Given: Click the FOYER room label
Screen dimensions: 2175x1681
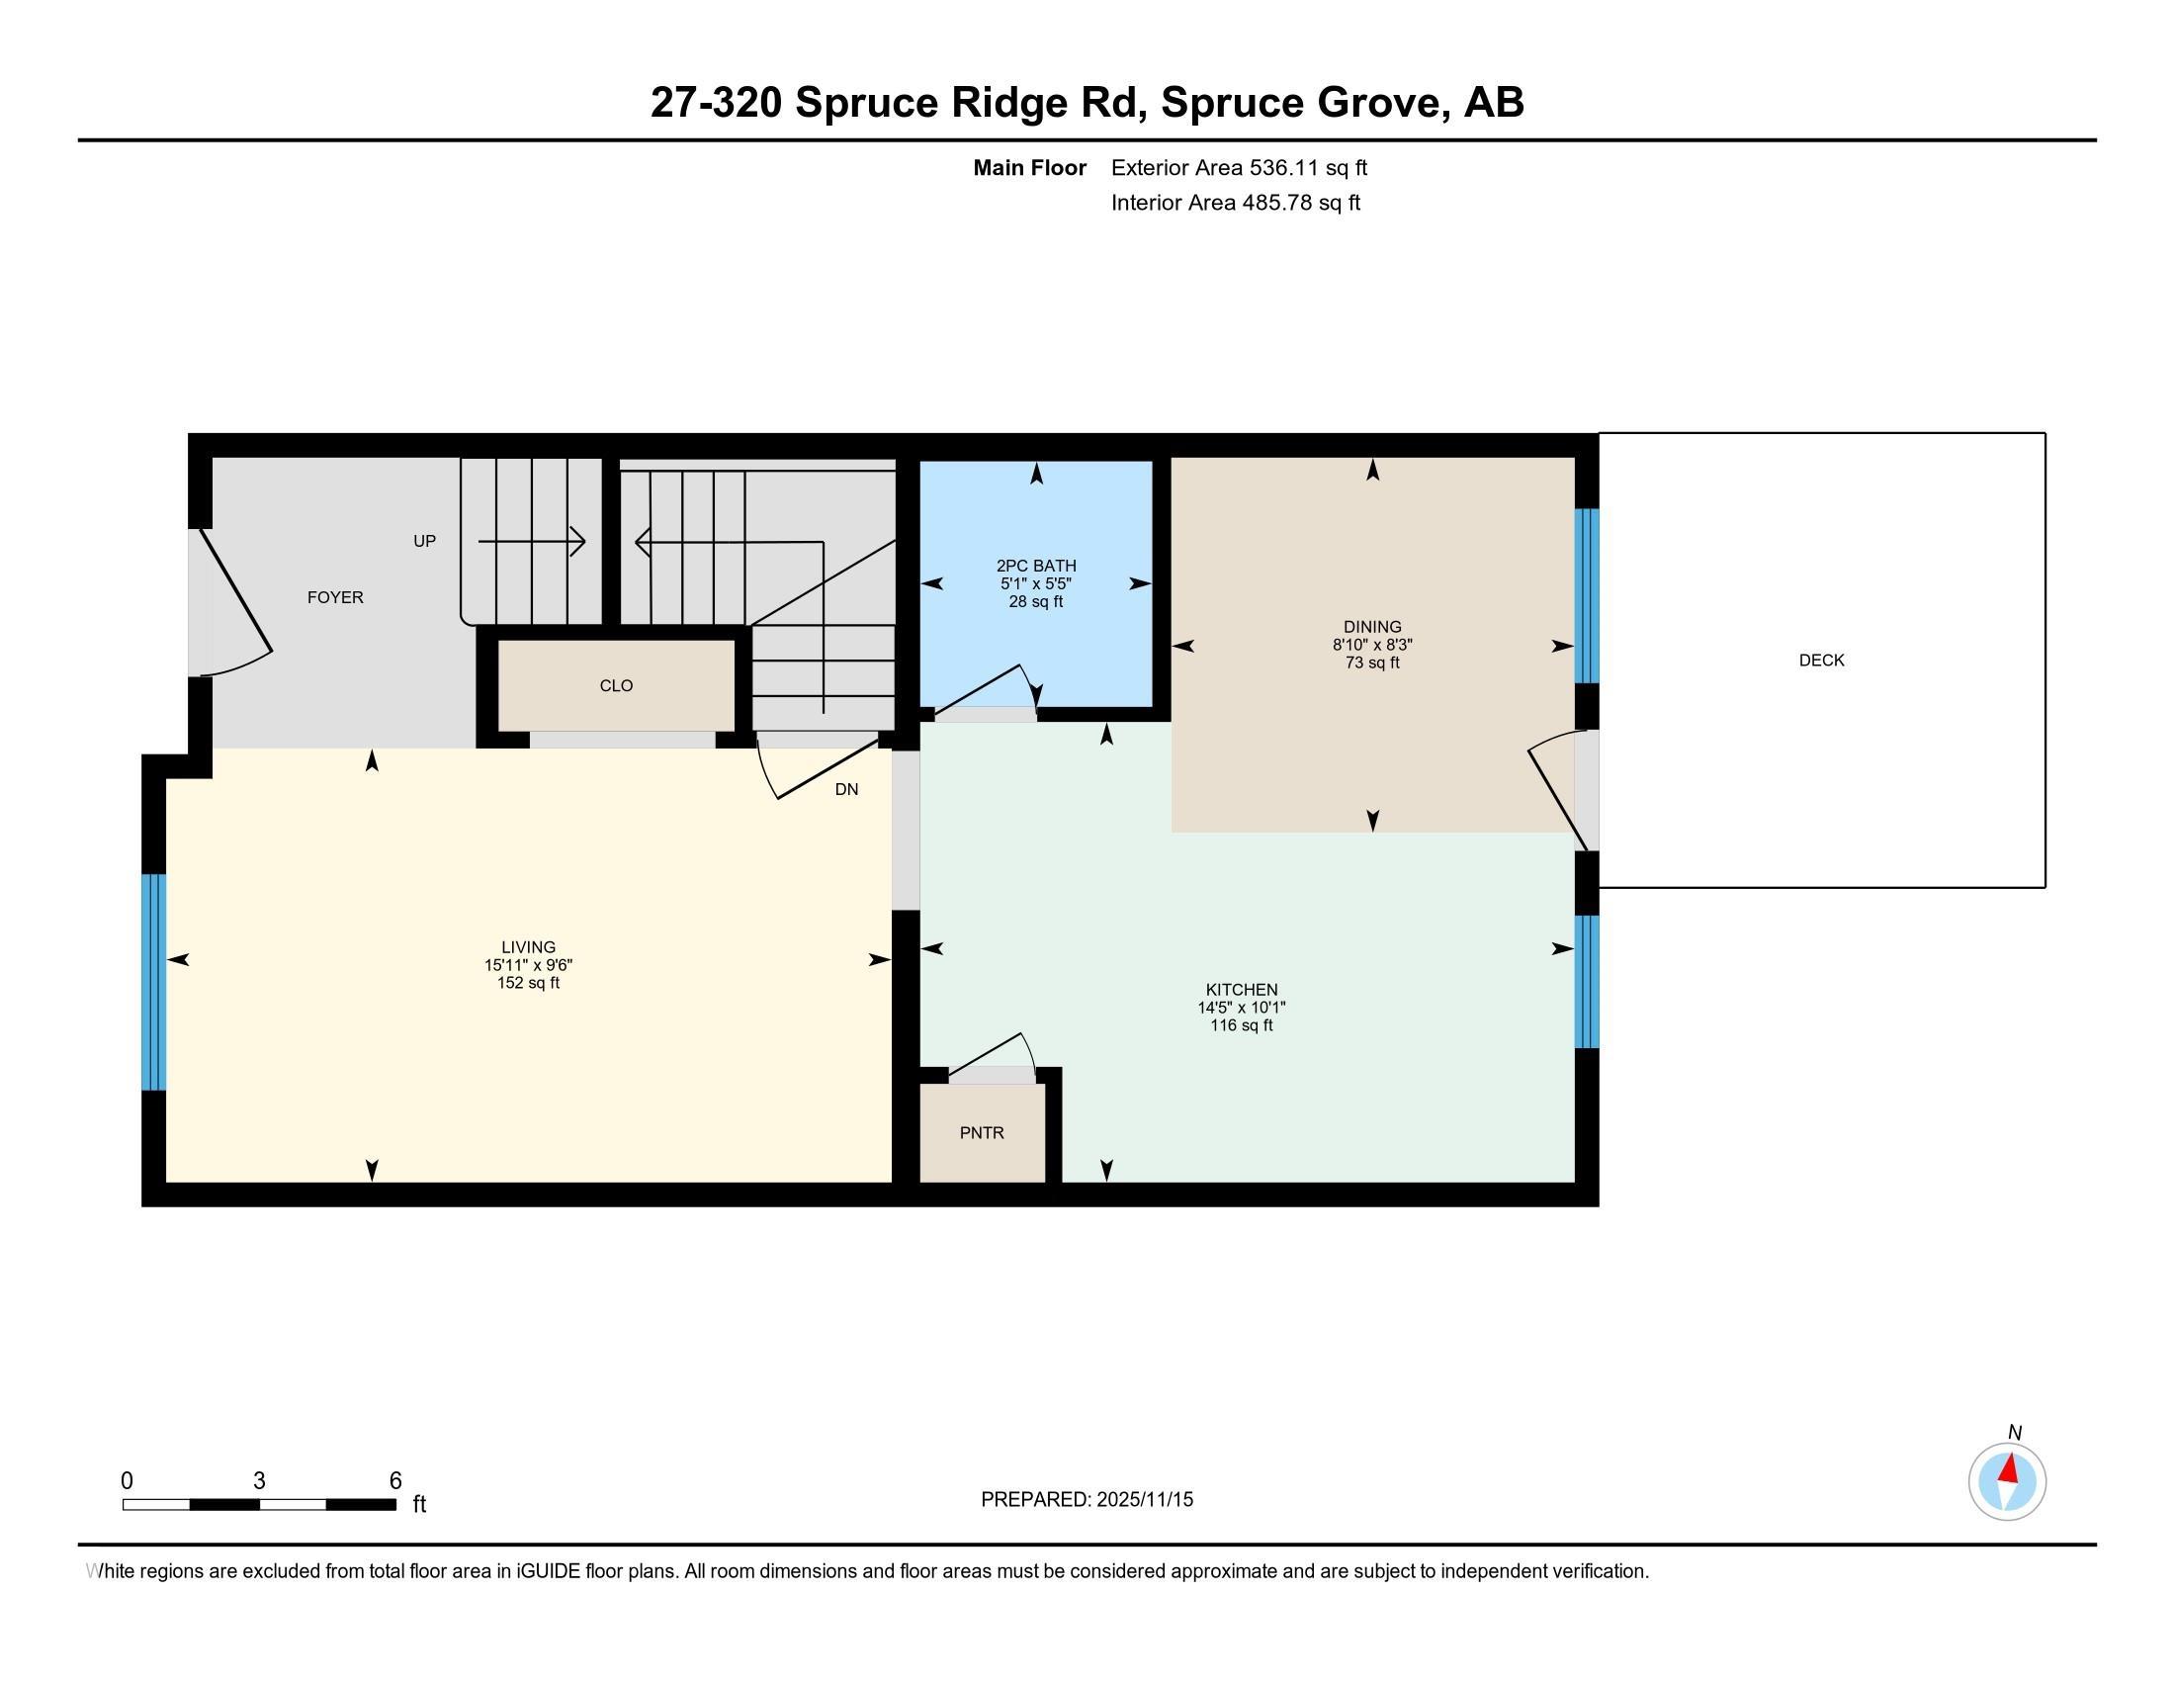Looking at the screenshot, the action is click(334, 597).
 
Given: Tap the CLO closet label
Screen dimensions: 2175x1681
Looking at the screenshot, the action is click(617, 685).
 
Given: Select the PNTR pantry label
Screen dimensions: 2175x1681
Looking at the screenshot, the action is click(982, 1132).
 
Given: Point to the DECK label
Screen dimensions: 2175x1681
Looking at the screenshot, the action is click(1821, 661).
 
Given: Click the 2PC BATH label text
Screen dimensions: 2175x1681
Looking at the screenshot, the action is click(1037, 566).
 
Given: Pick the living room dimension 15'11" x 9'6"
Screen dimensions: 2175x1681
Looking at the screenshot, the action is click(529, 965).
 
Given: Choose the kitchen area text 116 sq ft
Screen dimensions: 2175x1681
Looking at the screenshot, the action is click(1242, 1024).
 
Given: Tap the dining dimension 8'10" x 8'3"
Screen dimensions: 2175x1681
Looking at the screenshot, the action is click(1372, 645).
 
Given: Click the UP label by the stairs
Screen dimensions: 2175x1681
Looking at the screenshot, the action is click(424, 542).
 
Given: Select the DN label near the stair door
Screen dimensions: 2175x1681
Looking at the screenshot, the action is click(846, 790).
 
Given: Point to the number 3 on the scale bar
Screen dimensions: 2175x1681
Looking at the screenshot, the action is click(259, 1481).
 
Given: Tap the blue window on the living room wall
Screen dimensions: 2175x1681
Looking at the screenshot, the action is click(153, 982).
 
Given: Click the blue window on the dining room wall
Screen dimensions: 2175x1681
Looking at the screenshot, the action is click(1587, 595).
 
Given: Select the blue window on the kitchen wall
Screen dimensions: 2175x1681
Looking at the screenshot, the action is click(1587, 982).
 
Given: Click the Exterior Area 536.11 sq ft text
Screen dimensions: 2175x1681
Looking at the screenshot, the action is click(1239, 168).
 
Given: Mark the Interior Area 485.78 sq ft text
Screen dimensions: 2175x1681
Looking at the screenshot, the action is click(1236, 203).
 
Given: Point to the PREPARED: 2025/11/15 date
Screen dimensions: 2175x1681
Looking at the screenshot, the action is click(1087, 1500).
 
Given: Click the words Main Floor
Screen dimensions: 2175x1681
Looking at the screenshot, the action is click(1030, 168).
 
